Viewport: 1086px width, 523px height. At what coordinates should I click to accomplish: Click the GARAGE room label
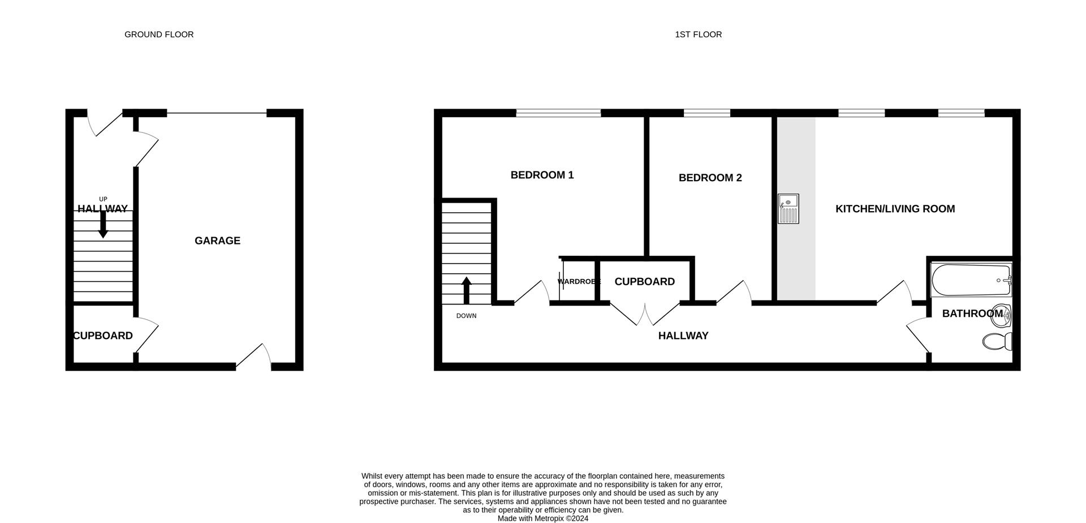[217, 241]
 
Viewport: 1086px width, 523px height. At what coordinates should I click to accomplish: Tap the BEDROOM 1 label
[542, 175]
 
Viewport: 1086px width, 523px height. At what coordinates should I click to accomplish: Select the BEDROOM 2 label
[710, 178]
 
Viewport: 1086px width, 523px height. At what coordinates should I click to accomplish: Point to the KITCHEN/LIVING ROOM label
[895, 209]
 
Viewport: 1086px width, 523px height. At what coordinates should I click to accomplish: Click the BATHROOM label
[972, 313]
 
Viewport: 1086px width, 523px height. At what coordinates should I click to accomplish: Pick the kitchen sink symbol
[788, 209]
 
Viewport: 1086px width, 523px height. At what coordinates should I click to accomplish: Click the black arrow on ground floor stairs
[103, 225]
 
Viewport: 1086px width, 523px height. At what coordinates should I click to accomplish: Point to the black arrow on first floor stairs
[467, 290]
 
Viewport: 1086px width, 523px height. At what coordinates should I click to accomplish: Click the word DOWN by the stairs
[467, 316]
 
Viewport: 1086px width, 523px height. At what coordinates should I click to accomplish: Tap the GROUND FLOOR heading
[159, 35]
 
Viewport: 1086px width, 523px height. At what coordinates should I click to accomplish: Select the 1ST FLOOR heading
[698, 35]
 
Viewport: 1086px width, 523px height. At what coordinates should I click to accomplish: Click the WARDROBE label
[578, 281]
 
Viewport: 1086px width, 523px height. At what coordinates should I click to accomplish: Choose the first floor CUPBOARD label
[644, 281]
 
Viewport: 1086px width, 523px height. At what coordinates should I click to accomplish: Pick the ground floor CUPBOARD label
[103, 336]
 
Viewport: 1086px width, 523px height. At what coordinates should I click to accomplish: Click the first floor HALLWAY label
[683, 336]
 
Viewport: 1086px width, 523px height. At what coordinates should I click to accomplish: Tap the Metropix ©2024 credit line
[543, 518]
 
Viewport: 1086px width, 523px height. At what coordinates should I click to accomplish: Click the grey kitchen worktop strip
[796, 260]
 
